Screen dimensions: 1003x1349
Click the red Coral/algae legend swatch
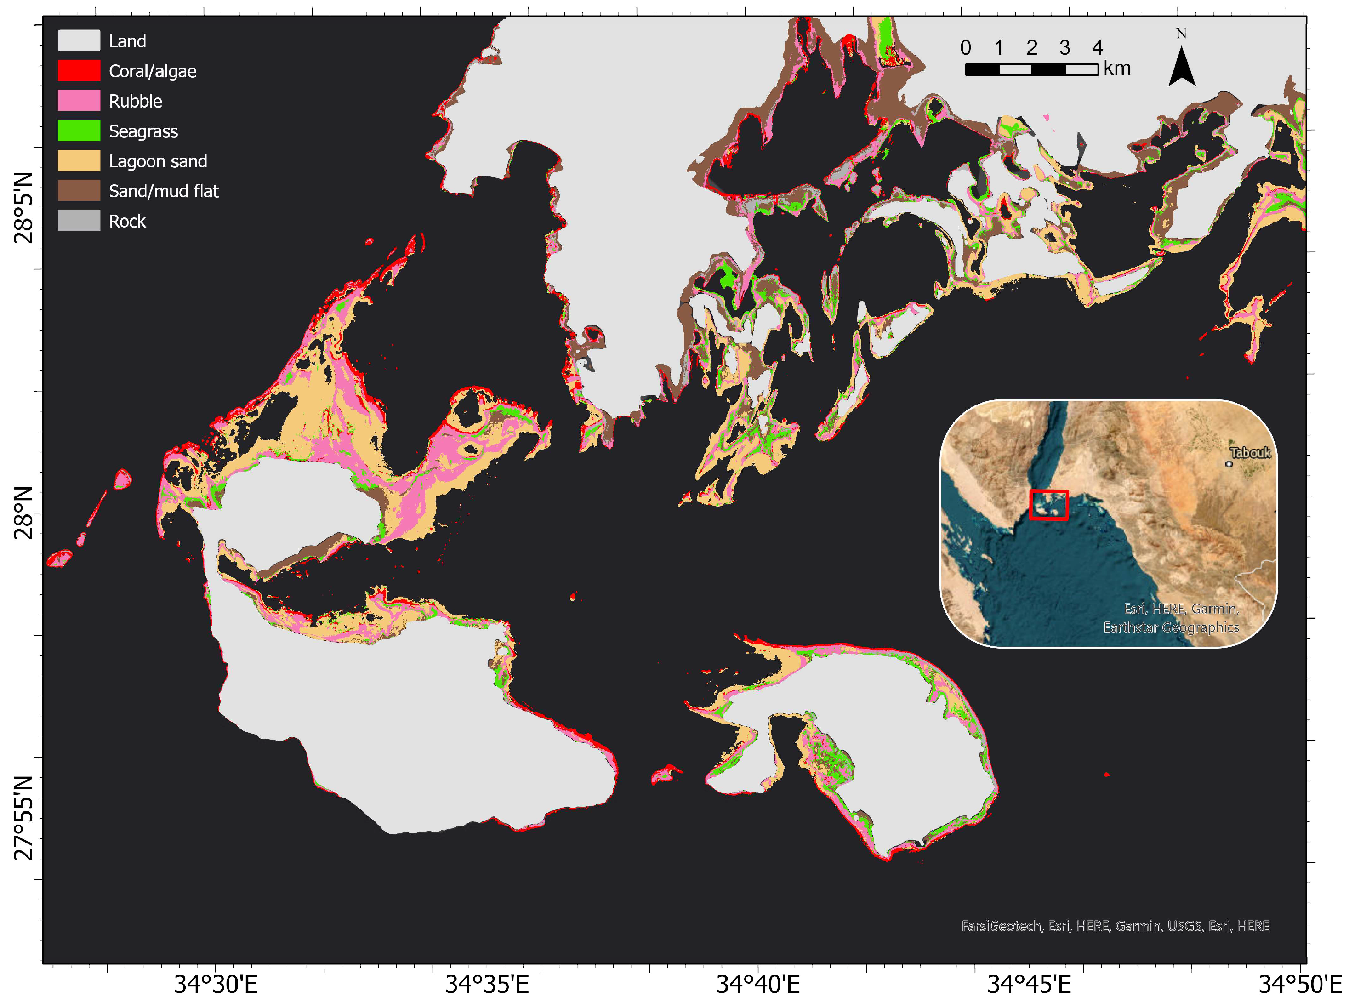[79, 70]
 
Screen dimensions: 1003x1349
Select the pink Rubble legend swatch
[79, 101]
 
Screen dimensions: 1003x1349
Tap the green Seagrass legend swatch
[79, 131]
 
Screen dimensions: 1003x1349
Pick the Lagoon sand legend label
[158, 161]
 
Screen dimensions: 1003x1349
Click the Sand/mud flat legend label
[163, 191]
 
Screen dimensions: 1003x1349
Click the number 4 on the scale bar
[1097, 47]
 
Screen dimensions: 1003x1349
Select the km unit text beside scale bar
[1117, 68]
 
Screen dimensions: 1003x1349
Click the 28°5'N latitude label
[23, 208]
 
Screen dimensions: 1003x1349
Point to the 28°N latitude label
[23, 513]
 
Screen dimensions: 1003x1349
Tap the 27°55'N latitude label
[23, 818]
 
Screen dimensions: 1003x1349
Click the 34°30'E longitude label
[216, 984]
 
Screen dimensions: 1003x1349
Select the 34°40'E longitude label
[758, 984]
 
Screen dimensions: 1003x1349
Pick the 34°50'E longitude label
[1299, 984]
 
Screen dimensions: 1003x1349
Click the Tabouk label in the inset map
[1249, 452]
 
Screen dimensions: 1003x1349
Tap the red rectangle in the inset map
[1048, 505]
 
